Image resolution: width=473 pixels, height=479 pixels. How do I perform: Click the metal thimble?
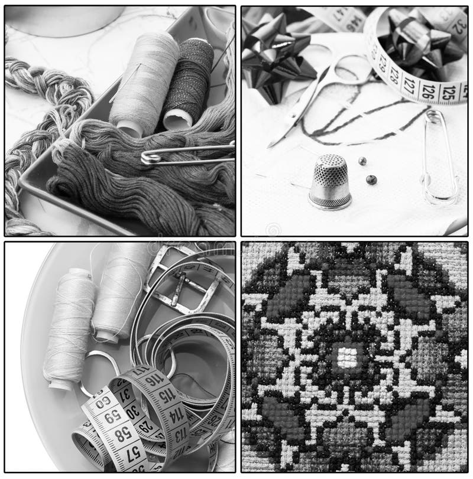click(x=330, y=181)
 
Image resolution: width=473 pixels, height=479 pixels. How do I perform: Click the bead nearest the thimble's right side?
click(x=371, y=180)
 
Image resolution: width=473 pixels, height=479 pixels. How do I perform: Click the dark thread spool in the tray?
click(x=189, y=83)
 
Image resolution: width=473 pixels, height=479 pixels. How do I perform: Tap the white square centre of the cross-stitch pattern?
click(x=346, y=357)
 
